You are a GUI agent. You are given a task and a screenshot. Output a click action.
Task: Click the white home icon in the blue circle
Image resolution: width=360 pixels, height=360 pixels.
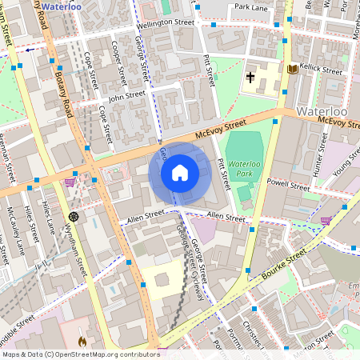coord(179,172)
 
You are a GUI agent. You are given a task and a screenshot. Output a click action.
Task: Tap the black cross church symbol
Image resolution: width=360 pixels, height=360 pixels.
coord(250,78)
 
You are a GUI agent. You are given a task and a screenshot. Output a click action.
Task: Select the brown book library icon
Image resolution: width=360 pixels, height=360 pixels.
coord(292,70)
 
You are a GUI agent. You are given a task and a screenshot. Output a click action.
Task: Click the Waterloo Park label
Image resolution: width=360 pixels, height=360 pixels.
coord(245,168)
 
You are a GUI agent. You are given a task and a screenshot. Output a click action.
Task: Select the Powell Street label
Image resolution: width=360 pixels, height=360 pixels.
coord(288,184)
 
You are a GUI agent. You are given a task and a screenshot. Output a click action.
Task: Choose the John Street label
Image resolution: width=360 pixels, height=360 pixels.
coord(126,98)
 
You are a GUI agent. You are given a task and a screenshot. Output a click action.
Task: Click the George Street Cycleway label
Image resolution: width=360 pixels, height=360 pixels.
coord(191,254)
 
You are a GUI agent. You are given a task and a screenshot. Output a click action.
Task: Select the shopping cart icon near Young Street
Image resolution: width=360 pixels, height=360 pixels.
coord(326,220)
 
